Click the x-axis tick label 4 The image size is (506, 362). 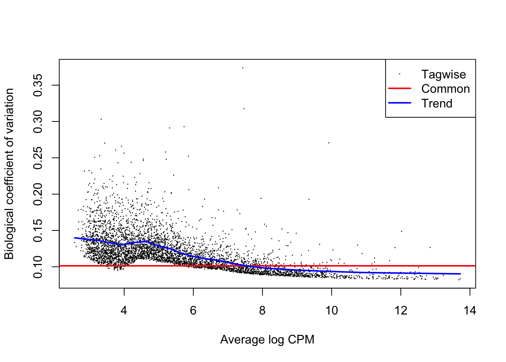(124, 311)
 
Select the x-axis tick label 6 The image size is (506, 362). (193, 311)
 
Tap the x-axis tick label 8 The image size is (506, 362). (262, 311)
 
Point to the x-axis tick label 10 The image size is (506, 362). (332, 311)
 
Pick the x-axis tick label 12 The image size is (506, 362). (401, 311)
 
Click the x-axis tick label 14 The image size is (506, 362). (470, 311)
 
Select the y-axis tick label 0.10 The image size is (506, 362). (38, 267)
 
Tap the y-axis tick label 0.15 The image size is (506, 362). (38, 230)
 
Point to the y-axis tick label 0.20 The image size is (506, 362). (38, 194)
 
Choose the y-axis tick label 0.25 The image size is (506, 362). (38, 158)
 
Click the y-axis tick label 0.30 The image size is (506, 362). (38, 122)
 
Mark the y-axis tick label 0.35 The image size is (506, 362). (38, 85)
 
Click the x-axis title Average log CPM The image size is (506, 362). (267, 340)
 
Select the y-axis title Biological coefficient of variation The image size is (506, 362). (9, 174)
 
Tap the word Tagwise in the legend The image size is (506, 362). (444, 75)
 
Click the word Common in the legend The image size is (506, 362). (445, 89)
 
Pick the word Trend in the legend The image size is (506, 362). (437, 103)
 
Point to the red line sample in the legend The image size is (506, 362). (399, 88)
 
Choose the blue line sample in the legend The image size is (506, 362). (399, 103)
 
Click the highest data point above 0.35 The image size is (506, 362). (243, 68)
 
